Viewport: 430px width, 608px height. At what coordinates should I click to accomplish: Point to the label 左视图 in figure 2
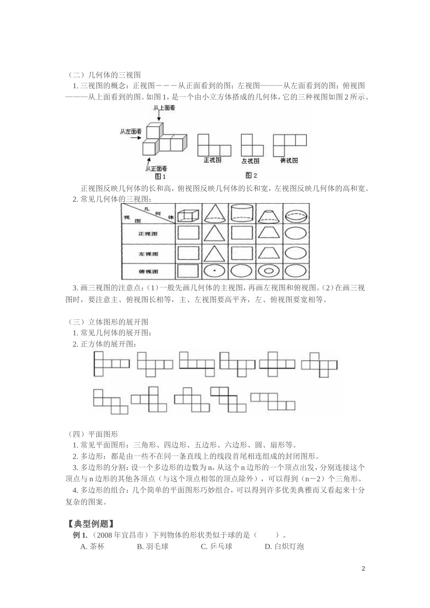250,161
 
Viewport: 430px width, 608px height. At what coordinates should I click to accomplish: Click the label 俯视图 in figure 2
289,160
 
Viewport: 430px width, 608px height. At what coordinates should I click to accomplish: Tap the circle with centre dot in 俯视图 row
215,271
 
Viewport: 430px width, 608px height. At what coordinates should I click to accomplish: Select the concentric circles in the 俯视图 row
269,271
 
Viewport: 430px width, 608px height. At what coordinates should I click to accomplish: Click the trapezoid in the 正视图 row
269,233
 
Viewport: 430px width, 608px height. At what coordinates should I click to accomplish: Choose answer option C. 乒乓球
216,546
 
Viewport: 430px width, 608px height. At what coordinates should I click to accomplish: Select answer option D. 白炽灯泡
284,546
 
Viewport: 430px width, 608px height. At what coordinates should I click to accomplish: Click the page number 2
363,569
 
